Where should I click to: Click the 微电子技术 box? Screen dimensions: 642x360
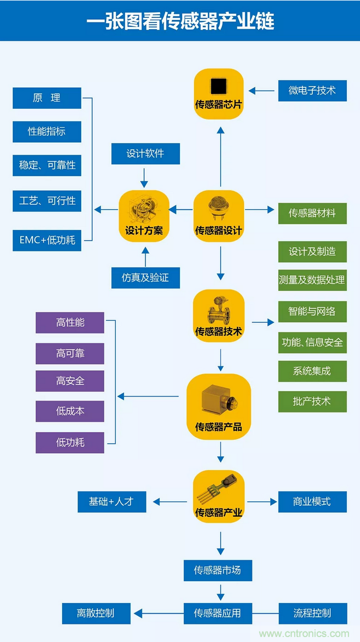click(312, 90)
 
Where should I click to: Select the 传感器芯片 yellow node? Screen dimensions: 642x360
click(218, 93)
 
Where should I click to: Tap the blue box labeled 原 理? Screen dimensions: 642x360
click(47, 98)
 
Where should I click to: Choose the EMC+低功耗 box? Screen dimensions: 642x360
click(47, 240)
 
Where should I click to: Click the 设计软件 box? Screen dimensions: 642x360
click(145, 153)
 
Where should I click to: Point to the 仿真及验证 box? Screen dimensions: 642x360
click(145, 278)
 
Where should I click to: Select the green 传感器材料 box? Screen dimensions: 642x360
click(312, 213)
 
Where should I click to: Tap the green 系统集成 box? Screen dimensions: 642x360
click(312, 371)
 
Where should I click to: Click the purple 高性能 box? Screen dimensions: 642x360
click(70, 322)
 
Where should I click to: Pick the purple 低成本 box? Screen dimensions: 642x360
click(70, 411)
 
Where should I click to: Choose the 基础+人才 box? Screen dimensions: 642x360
click(111, 501)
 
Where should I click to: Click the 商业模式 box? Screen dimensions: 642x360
click(312, 501)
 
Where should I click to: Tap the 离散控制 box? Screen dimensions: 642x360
click(96, 613)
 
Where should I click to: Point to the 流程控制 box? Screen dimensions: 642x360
click(312, 613)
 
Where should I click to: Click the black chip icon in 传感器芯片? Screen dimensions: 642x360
click(218, 86)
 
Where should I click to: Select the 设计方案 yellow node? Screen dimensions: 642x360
click(144, 216)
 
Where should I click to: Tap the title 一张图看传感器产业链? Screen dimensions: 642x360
click(180, 21)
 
